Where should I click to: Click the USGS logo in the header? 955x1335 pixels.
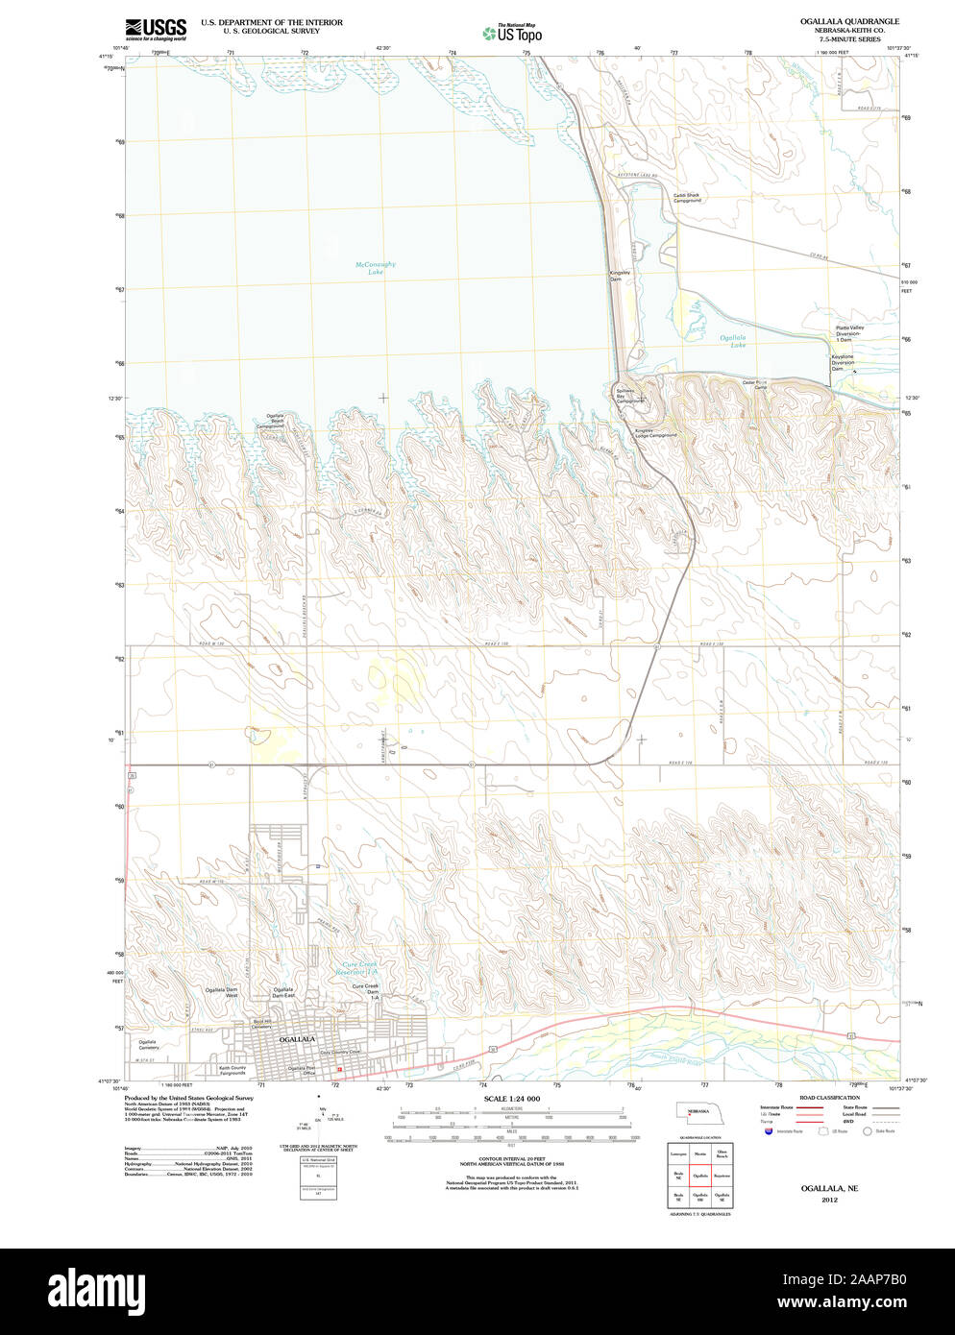coord(156,28)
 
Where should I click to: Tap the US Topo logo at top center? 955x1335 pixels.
coord(514,33)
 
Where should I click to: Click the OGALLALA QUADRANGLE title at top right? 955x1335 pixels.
coord(849,21)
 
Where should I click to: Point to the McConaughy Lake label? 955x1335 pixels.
coord(375,268)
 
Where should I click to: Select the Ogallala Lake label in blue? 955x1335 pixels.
coord(733,341)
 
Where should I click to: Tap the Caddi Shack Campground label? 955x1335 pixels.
coord(687,197)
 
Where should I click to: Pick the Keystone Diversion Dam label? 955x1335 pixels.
coord(843,362)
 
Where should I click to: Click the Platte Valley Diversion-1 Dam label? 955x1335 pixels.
coord(848,333)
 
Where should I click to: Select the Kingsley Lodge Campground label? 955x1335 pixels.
coord(655,432)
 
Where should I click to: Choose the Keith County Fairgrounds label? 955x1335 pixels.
coord(232,1070)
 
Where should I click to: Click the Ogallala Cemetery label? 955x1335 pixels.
coord(147,1045)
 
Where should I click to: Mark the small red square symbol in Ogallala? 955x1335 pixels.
coord(339,1068)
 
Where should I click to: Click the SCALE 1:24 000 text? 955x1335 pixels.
coord(511,1099)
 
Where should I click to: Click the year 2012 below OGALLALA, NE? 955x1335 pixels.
coord(829,1200)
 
